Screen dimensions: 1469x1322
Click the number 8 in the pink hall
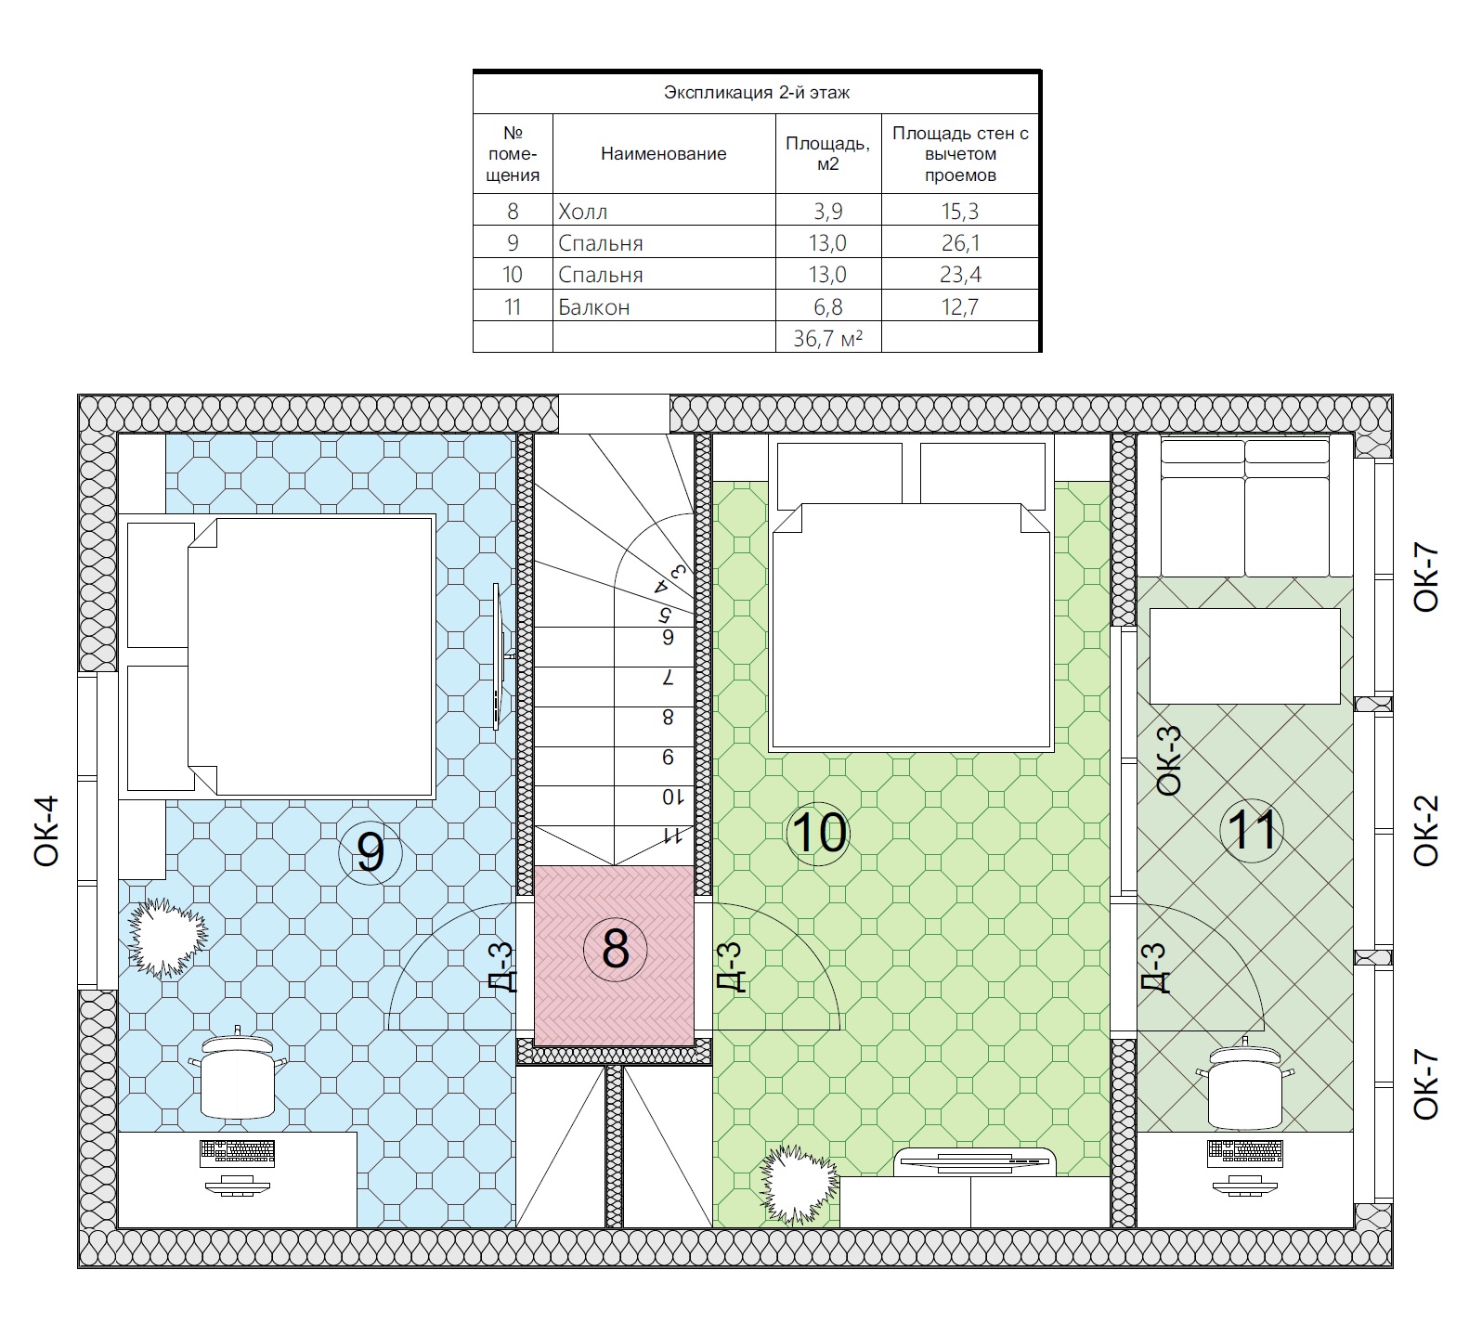tap(616, 949)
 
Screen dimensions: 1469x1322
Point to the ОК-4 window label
tap(46, 831)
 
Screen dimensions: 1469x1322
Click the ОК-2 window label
tap(1425, 831)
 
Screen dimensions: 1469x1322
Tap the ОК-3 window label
tap(1170, 760)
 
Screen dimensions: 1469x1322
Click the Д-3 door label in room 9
tap(501, 967)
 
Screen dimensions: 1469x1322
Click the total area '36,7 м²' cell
tap(828, 338)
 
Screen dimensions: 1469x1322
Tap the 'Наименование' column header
tap(664, 154)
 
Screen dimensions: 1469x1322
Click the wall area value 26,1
tap(960, 243)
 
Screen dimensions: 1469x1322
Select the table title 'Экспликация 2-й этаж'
tap(757, 93)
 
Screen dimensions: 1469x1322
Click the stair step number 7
tap(668, 678)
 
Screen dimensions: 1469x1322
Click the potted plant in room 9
tap(167, 937)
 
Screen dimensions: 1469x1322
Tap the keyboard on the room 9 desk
tap(238, 1153)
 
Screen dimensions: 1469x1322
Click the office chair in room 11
tap(1244, 1082)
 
